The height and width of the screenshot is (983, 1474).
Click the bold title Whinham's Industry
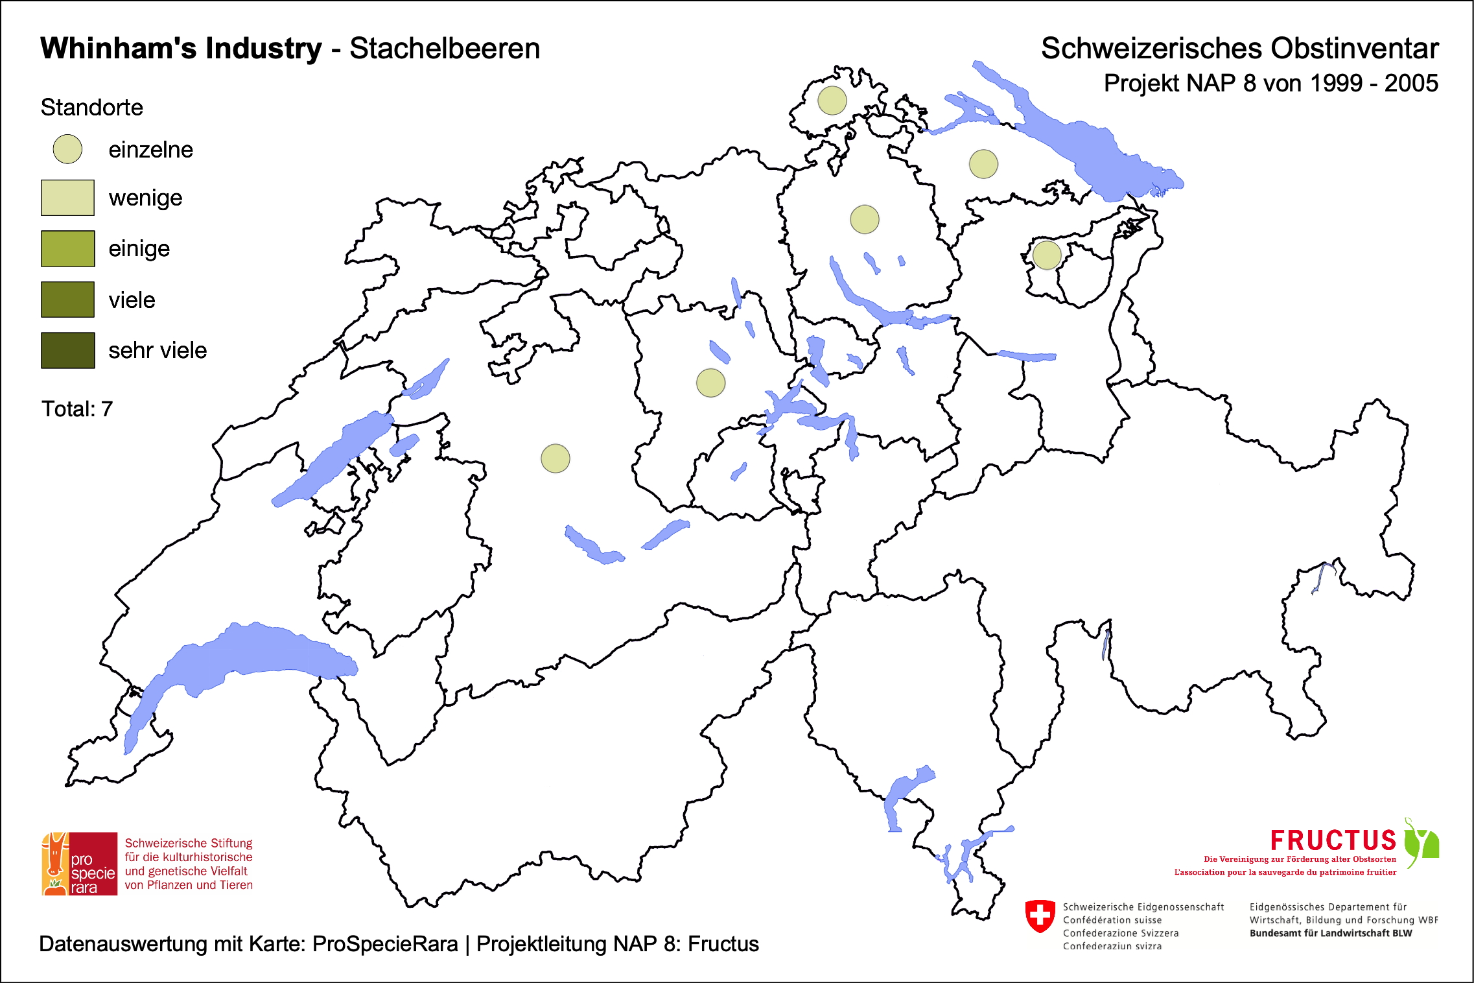click(181, 49)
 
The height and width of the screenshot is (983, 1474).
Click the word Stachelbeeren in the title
click(445, 49)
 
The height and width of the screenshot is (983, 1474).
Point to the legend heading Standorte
click(91, 108)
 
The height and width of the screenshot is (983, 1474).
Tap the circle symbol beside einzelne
click(67, 149)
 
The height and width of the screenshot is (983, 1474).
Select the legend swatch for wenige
click(67, 198)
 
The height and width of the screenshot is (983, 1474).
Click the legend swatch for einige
click(67, 248)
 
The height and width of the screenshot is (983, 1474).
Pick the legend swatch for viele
click(67, 300)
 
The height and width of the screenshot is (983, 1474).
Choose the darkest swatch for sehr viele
click(67, 350)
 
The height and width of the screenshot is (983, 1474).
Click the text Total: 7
click(77, 409)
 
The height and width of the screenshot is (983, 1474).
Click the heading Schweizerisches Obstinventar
click(1239, 49)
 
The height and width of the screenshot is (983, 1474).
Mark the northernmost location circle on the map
click(832, 101)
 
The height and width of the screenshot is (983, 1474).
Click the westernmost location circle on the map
click(555, 458)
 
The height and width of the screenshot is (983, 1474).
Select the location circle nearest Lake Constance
click(983, 164)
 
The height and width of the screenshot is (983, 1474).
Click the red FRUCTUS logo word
click(1333, 841)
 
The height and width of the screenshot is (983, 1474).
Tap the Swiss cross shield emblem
click(1040, 916)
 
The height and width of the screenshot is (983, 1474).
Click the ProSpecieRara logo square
click(80, 864)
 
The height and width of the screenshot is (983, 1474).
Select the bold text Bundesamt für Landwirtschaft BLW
click(1330, 933)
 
